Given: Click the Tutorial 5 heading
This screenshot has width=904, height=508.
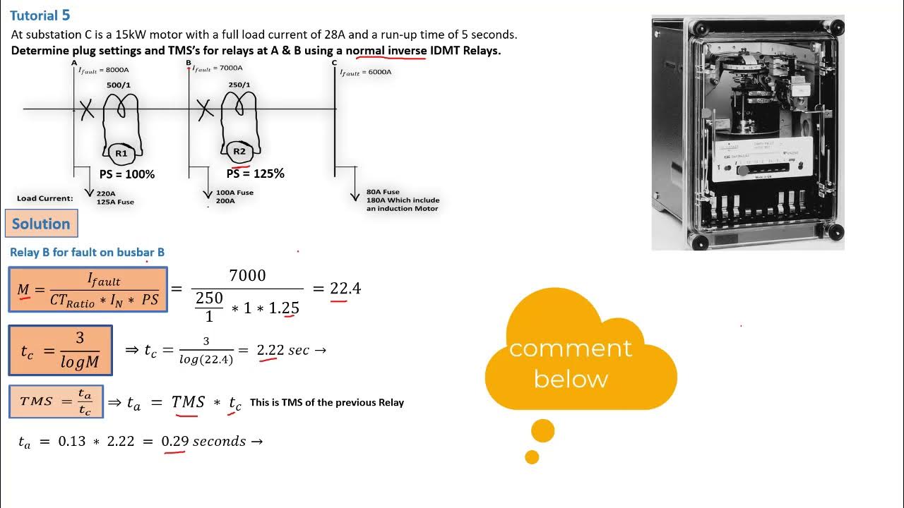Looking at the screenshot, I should click(x=40, y=16).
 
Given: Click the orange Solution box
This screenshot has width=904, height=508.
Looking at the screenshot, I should click(x=41, y=224).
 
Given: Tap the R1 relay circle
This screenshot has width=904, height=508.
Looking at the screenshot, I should click(x=121, y=152).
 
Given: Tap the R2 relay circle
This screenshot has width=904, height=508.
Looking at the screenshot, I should click(x=239, y=151).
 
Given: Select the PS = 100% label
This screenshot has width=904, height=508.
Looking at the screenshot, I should click(x=126, y=174).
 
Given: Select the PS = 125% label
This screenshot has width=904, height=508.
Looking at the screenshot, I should click(x=255, y=174).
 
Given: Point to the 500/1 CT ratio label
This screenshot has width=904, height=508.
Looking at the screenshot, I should click(x=119, y=85).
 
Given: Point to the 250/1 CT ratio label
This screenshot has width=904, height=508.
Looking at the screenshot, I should click(x=239, y=85).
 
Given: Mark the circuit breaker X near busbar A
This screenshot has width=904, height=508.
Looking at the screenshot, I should click(x=86, y=109).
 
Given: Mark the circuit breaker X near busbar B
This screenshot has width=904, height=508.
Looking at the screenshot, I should click(x=205, y=109).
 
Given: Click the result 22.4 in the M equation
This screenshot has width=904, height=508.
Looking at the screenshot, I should click(x=345, y=289).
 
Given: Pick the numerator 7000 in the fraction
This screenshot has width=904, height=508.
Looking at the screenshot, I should click(x=247, y=275).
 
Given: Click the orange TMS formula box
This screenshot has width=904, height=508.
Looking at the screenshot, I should click(x=56, y=401).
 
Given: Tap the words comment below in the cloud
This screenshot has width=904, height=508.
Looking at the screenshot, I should click(x=570, y=363).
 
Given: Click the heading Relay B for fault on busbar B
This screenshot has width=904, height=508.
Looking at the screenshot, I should click(x=87, y=252).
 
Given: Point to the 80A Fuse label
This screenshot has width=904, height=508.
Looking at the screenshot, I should click(x=382, y=192).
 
